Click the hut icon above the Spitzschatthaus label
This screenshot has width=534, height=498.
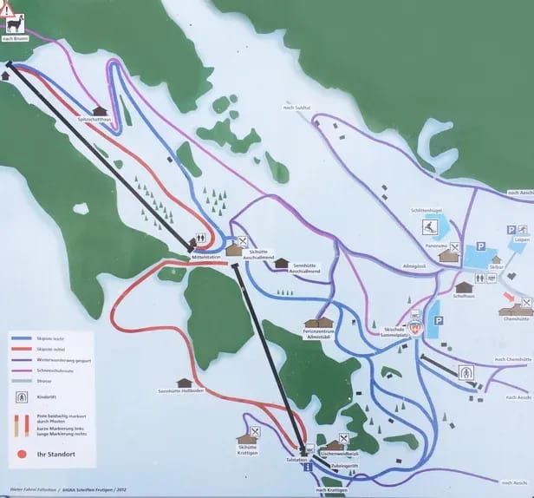[101, 111]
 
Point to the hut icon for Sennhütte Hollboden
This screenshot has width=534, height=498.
[183, 383]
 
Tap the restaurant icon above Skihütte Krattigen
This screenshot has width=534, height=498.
[255, 431]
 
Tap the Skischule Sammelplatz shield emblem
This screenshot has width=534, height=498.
[414, 329]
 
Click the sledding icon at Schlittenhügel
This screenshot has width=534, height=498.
[429, 227]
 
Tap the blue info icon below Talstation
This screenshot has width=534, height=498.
[309, 468]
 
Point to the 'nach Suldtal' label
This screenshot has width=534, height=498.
[296, 107]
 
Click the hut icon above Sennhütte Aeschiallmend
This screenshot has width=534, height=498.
[281, 263]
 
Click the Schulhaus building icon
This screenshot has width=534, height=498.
[464, 286]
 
